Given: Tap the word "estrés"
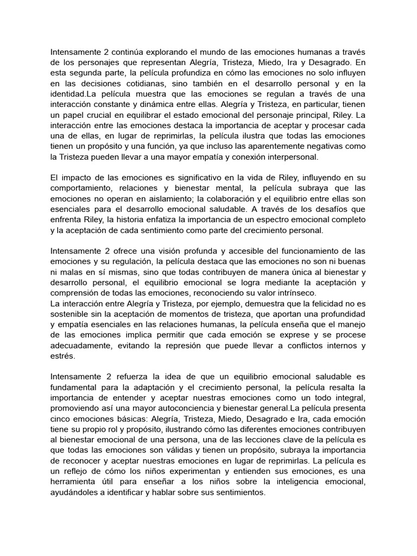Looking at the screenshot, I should [x=63, y=356].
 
